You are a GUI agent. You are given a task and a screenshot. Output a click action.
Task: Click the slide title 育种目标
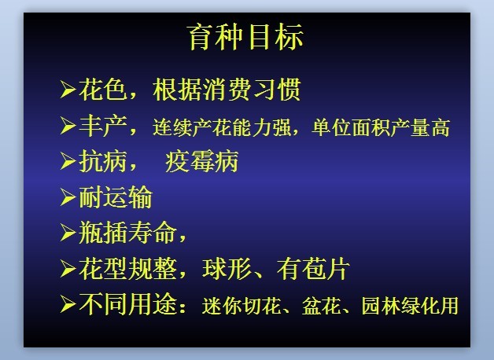click(x=245, y=37)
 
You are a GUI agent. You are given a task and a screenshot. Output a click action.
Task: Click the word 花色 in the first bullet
click(x=103, y=90)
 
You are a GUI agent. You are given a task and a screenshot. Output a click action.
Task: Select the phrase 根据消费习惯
click(x=227, y=90)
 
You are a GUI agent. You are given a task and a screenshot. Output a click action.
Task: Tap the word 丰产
click(x=103, y=126)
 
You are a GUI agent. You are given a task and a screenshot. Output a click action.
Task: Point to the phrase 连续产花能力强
click(x=222, y=127)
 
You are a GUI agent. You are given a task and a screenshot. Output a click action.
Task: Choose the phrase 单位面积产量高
click(x=381, y=127)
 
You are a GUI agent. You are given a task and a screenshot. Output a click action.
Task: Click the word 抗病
click(x=103, y=161)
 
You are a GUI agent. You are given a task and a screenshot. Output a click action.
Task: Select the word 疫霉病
click(x=201, y=161)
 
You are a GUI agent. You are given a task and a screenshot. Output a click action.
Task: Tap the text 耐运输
click(x=116, y=197)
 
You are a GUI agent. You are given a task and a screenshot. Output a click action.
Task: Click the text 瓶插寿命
click(x=127, y=232)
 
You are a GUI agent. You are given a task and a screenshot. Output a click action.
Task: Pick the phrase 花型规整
click(x=127, y=269)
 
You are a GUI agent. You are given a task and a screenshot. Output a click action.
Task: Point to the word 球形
click(x=227, y=269)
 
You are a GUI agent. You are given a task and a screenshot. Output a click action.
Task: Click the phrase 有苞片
click(x=313, y=269)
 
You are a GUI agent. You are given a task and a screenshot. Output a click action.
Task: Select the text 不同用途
click(x=127, y=304)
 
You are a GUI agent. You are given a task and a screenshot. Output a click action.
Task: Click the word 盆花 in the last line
click(x=322, y=305)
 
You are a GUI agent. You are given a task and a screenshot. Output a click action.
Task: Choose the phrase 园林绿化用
click(x=410, y=305)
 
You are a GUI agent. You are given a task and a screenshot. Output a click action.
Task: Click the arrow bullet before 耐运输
click(x=68, y=197)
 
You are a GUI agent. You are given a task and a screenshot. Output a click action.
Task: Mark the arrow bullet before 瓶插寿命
click(x=68, y=233)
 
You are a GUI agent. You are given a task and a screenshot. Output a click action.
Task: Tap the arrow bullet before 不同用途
click(x=68, y=304)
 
